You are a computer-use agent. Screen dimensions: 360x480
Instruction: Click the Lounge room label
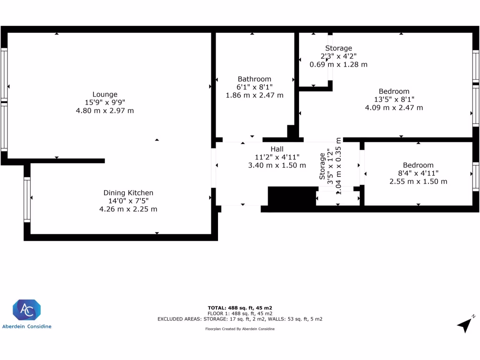click(105, 94)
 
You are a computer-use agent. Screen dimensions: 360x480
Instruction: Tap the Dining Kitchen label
click(128, 193)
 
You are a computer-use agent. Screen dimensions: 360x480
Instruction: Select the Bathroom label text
click(255, 79)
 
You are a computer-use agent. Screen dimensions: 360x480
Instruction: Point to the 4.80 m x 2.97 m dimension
click(105, 111)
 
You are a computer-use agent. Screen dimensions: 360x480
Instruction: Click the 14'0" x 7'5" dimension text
click(128, 201)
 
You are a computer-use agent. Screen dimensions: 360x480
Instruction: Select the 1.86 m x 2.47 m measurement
click(255, 95)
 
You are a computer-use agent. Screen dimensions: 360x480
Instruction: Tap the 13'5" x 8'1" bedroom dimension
click(394, 99)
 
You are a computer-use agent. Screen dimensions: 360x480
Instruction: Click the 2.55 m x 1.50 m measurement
click(418, 181)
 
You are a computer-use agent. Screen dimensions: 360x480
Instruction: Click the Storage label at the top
click(338, 48)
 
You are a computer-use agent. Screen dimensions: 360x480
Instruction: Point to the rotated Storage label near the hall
click(322, 166)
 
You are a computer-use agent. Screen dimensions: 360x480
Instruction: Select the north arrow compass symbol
click(465, 323)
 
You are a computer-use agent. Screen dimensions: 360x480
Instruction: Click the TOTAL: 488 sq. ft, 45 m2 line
click(240, 307)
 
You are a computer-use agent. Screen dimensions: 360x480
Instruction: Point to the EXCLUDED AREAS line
click(240, 319)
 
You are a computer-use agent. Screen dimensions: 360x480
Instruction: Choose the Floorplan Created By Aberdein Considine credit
click(240, 329)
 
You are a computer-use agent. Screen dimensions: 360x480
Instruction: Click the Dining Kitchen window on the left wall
click(27, 200)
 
